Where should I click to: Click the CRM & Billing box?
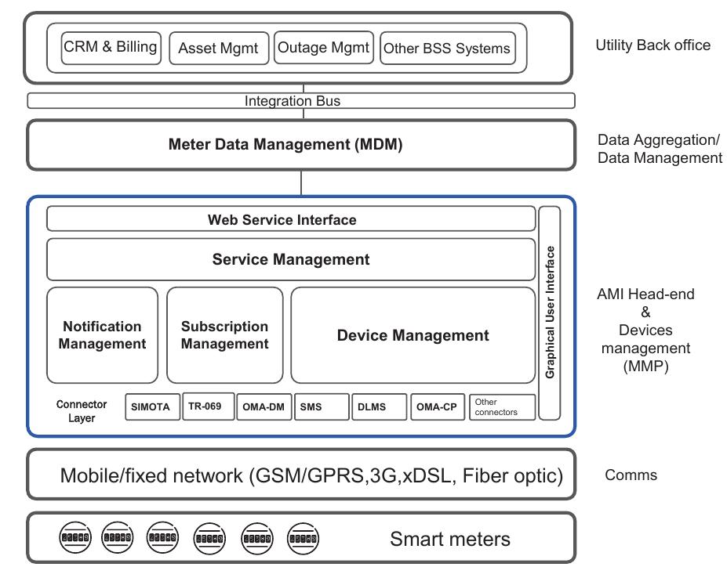[111, 48]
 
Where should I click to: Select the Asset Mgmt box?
[218, 48]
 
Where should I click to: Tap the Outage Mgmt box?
[323, 48]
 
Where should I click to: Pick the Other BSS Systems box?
[447, 49]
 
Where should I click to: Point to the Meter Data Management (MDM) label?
[285, 145]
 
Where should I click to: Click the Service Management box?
[291, 259]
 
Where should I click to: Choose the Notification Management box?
[102, 335]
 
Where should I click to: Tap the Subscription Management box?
[224, 335]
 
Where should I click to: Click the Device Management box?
[413, 335]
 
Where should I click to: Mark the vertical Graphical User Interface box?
[550, 312]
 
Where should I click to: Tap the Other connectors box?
[502, 407]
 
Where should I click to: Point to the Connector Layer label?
[82, 411]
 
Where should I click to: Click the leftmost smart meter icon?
[75, 538]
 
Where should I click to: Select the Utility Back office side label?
[652, 45]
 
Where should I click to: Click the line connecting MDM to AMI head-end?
[301, 182]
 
